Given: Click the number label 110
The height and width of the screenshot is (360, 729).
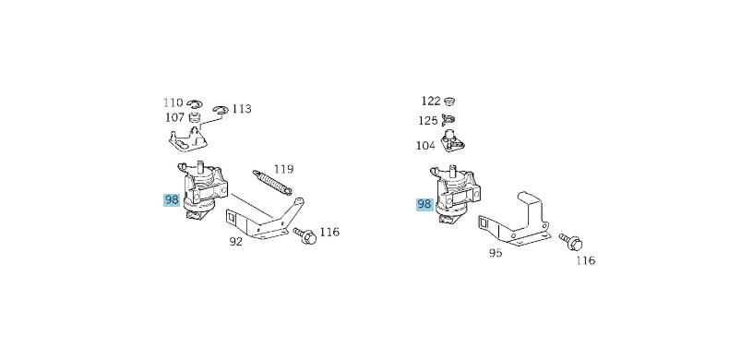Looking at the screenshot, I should (173, 102).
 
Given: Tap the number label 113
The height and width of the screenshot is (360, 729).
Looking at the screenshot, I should (241, 109).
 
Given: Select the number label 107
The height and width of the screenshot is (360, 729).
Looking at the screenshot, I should (174, 117).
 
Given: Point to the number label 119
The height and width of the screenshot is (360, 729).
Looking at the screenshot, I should (283, 169).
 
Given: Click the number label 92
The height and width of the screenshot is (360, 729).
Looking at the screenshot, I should (235, 242).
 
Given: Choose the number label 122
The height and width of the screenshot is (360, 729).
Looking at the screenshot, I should (431, 101).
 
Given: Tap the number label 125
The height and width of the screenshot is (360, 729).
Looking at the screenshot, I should (428, 120).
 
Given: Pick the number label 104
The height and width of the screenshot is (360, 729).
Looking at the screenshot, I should (425, 145).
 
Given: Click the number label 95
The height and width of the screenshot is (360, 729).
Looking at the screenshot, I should (496, 251).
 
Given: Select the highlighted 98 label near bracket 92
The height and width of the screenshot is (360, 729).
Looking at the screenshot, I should (172, 199).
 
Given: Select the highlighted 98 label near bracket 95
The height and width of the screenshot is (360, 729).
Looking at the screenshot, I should (424, 205).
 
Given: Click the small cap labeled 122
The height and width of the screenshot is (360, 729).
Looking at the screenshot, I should (451, 101).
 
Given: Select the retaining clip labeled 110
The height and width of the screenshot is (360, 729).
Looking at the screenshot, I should (194, 103).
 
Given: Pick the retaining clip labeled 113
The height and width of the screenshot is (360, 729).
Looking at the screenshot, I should (219, 112).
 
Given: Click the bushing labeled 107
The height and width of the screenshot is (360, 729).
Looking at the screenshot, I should (195, 119).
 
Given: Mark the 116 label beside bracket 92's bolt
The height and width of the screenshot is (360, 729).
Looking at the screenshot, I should (329, 232).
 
